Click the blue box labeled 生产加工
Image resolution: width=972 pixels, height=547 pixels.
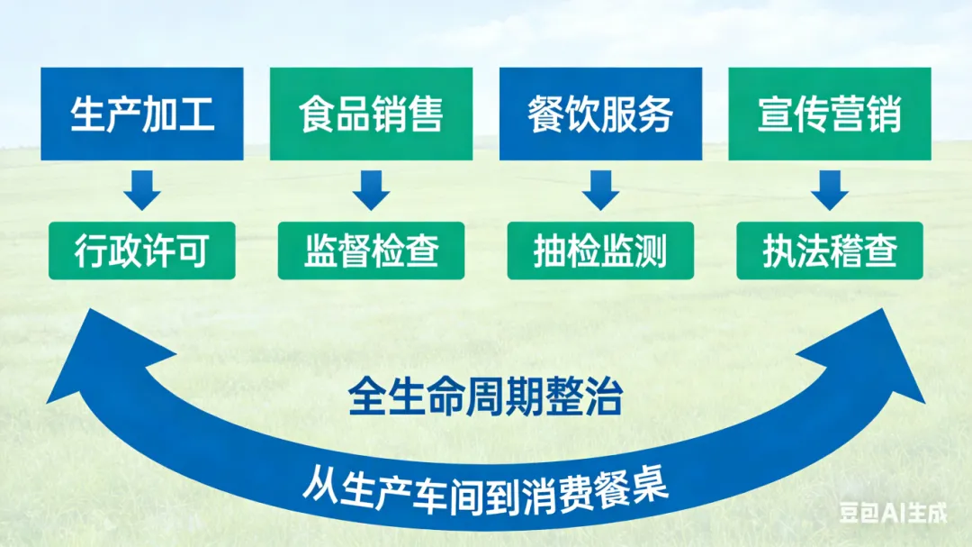(x=142, y=114)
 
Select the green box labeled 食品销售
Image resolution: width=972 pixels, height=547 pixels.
(x=371, y=114)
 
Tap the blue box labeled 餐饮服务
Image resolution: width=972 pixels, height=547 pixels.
(x=600, y=114)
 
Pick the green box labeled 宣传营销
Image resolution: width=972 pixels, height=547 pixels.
(x=829, y=114)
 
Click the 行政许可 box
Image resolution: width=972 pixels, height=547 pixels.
(x=142, y=251)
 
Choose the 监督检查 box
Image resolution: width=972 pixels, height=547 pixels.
(x=371, y=251)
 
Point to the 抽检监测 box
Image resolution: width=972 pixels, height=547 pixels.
(x=600, y=251)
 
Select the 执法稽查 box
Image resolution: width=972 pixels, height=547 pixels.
(x=829, y=251)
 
